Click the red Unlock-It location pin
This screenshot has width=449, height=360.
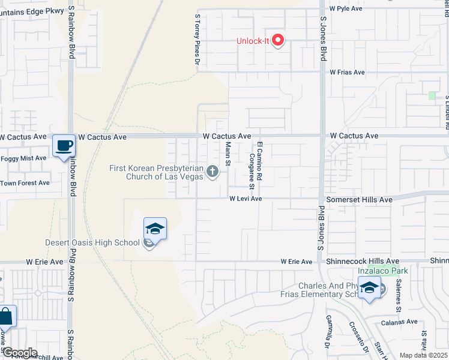(278, 41)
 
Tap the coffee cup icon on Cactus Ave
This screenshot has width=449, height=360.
(63, 145)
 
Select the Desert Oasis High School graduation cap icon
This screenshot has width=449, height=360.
(154, 228)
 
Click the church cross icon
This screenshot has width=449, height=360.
(211, 172)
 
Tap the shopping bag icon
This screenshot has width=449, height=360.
(6, 316)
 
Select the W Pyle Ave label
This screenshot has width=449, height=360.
(346, 9)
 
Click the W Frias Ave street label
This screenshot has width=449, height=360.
(347, 72)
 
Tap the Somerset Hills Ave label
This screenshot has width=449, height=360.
(359, 199)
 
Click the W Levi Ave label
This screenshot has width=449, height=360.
(246, 199)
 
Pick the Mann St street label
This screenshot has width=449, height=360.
(228, 153)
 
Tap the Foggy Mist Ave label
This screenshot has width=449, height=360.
(23, 158)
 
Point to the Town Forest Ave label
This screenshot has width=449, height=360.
(25, 183)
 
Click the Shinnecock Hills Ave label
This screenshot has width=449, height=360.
(362, 262)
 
